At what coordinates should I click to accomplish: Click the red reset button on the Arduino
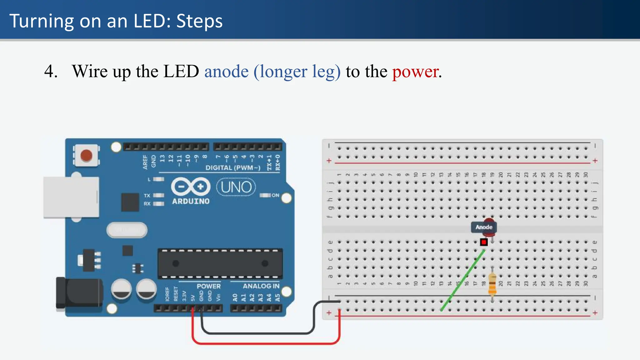click(86, 155)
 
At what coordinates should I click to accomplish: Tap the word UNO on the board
click(236, 187)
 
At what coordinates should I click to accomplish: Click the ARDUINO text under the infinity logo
click(191, 201)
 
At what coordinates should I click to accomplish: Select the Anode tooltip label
click(484, 227)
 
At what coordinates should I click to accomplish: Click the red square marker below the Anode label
click(484, 242)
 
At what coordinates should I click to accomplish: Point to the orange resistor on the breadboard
click(492, 284)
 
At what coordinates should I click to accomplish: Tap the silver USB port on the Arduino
click(71, 197)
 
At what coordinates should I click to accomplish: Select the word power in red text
click(416, 72)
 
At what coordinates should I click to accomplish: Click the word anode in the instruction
click(226, 72)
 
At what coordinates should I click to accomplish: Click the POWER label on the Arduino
click(208, 286)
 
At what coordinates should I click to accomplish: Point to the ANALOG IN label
click(261, 286)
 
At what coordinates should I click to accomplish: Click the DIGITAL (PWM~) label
click(233, 167)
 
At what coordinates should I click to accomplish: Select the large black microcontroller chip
click(220, 263)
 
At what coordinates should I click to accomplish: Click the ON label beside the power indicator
click(275, 195)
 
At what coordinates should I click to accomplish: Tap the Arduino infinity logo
click(191, 187)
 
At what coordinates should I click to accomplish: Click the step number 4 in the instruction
click(50, 72)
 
